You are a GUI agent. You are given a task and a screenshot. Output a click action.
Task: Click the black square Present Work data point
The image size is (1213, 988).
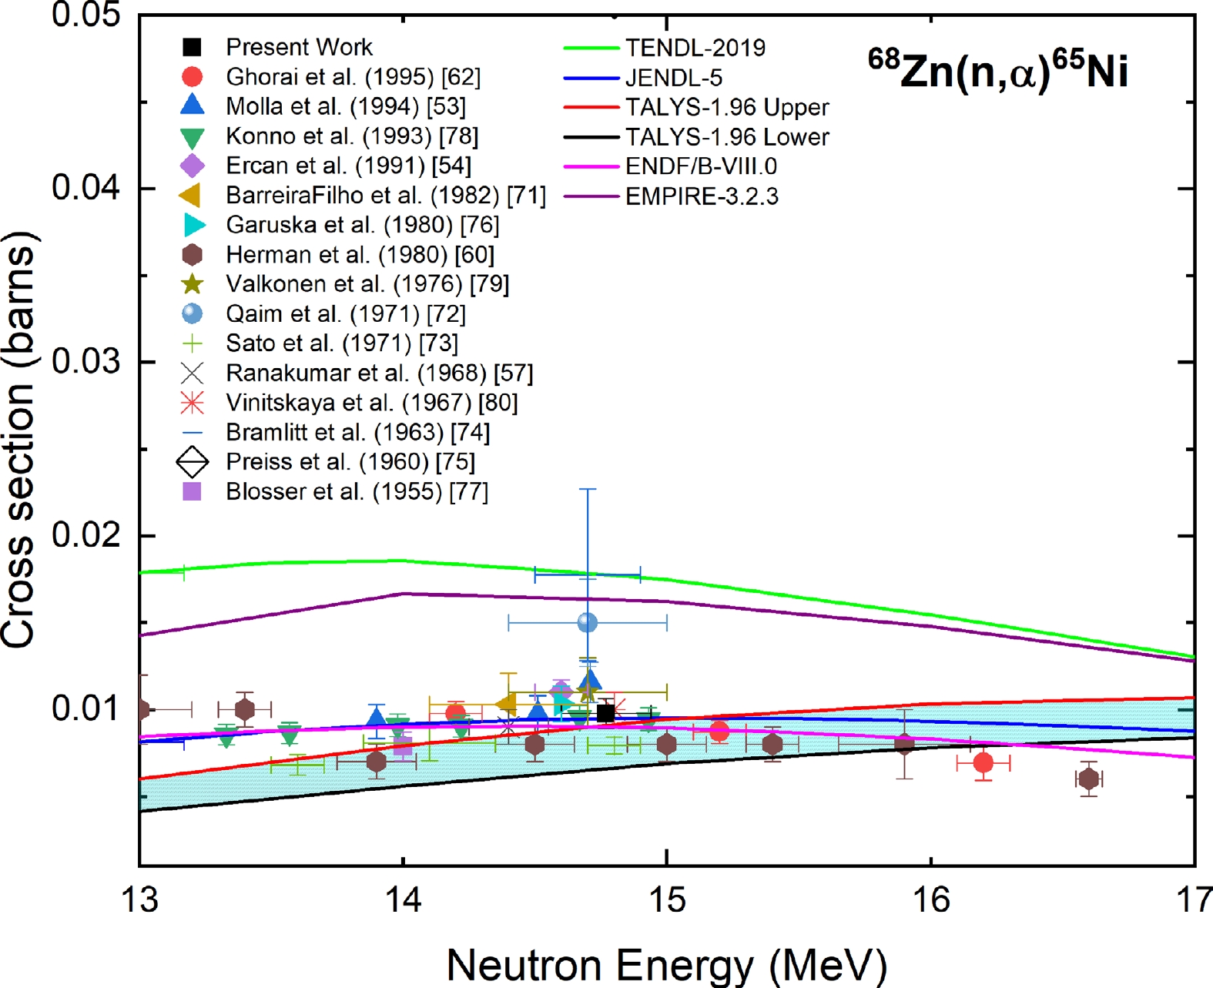(606, 713)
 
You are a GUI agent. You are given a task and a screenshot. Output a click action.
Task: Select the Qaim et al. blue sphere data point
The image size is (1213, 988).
(588, 622)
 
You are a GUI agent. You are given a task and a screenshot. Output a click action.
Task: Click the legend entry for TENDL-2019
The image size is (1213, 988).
(695, 48)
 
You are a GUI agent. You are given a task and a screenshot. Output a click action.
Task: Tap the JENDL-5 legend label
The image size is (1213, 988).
(673, 78)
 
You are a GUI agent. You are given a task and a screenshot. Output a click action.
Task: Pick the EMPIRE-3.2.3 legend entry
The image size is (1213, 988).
(701, 196)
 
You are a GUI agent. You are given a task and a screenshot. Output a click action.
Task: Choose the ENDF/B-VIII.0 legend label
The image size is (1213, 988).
(701, 166)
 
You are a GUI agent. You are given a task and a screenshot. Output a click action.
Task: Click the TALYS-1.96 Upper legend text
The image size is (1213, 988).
(726, 107)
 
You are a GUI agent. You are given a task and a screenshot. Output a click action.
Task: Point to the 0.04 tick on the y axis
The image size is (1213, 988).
(85, 187)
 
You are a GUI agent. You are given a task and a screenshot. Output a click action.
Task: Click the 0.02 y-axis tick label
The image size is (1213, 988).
(85, 534)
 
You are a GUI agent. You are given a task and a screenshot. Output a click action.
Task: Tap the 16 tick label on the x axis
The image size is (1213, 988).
(931, 899)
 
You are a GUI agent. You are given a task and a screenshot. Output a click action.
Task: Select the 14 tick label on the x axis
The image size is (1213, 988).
(404, 899)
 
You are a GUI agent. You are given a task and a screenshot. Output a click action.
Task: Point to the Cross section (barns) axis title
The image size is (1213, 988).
(19, 439)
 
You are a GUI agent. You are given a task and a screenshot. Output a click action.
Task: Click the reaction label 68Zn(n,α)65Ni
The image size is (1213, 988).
(998, 71)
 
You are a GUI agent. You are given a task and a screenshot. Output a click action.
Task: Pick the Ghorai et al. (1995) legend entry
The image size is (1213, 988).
(353, 77)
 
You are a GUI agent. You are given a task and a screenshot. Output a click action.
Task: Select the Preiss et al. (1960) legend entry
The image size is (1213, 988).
(350, 462)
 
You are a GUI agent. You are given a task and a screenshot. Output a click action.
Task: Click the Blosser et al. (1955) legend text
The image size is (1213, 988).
(357, 491)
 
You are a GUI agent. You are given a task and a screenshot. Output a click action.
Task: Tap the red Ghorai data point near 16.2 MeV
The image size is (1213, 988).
(983, 763)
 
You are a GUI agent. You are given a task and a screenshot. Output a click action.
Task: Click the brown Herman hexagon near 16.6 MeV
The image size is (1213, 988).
(1088, 779)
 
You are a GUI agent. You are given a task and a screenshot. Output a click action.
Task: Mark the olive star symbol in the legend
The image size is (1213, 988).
(192, 284)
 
